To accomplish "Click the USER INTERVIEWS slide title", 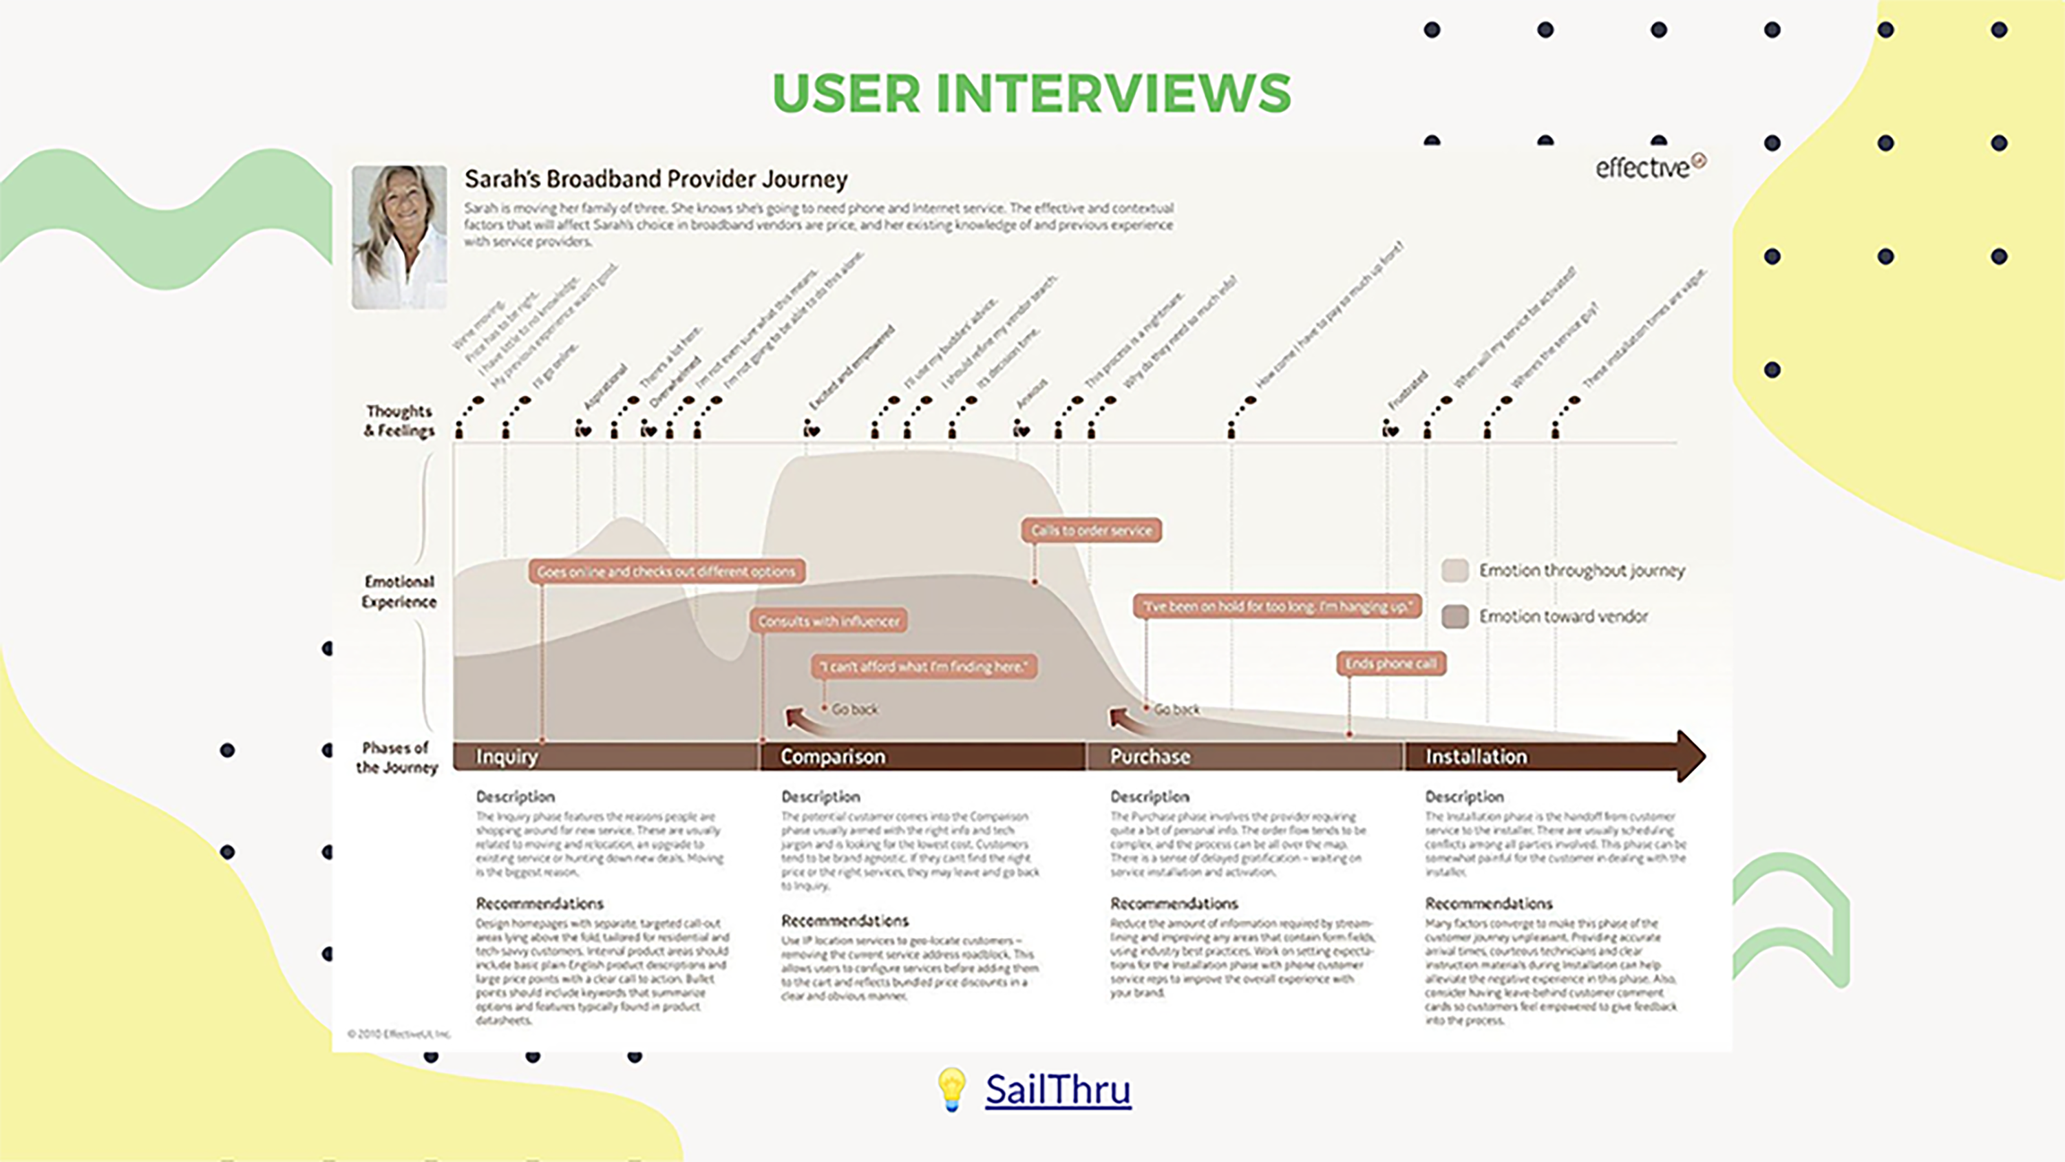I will click(1032, 93).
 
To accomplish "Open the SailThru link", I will click(1057, 1089).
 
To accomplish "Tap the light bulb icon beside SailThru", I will click(951, 1089).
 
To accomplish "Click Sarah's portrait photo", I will click(399, 237).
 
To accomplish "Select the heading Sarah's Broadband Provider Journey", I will click(656, 179).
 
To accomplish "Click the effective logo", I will click(1650, 167).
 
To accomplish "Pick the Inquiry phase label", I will click(507, 757).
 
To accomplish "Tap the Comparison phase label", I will click(833, 757).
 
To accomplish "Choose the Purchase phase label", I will click(1150, 757).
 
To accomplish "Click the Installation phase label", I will click(1476, 757).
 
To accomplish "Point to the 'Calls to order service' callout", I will click(1091, 530).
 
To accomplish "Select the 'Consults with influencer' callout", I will click(829, 621).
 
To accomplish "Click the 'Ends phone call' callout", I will click(1391, 663).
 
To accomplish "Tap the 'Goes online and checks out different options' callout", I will click(666, 571).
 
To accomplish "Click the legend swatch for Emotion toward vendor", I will click(1455, 616).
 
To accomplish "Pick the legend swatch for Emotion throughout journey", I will click(1455, 570).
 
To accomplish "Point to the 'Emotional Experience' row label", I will click(399, 592).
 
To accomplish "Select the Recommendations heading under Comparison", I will click(845, 920).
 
